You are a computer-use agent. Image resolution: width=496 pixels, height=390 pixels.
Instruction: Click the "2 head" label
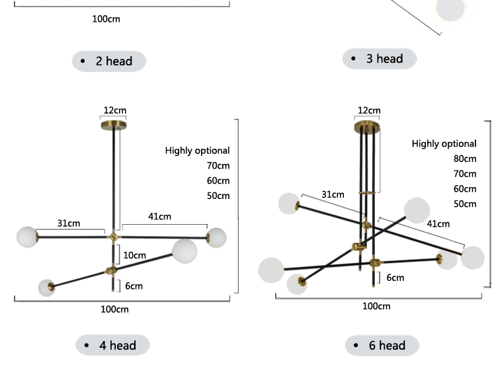tap(109, 61)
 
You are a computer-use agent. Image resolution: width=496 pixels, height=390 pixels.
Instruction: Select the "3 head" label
tap(380, 59)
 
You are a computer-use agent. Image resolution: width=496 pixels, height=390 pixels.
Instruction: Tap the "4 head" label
tap(112, 345)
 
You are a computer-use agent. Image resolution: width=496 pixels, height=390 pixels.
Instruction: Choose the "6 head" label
tap(382, 345)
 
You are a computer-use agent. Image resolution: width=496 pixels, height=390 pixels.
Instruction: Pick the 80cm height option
tap(464, 159)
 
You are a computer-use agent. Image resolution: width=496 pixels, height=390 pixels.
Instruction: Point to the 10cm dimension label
tap(134, 255)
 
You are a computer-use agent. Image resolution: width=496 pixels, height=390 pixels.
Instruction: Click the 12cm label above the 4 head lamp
tap(114, 110)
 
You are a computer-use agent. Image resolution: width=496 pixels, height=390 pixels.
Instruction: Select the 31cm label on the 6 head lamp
tap(333, 194)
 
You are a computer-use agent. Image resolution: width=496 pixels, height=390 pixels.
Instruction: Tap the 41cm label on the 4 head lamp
tap(159, 216)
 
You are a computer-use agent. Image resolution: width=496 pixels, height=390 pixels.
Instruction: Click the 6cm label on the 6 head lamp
tap(395, 278)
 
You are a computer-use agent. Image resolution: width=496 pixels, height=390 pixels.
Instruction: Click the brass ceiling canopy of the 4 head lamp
tap(114, 124)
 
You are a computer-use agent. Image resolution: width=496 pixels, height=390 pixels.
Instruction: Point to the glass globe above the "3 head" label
tap(450, 9)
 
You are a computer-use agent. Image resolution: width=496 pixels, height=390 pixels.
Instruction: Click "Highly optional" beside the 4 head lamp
tap(197, 151)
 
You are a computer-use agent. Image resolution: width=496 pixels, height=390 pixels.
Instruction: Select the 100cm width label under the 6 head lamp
tap(376, 306)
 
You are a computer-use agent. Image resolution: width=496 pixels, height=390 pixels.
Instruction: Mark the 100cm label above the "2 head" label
tap(106, 19)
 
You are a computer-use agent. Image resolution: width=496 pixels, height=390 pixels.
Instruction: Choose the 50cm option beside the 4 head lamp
tap(218, 196)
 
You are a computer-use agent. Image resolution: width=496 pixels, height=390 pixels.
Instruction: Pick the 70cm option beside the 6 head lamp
tap(464, 174)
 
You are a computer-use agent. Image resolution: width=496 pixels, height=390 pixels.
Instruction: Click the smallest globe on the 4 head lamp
tap(46, 288)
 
